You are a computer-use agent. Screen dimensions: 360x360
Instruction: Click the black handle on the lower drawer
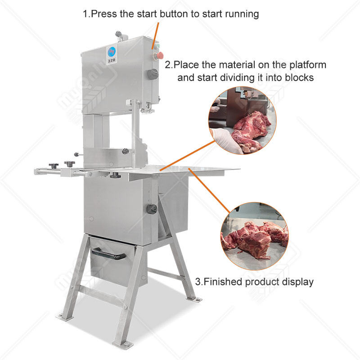point(109,255)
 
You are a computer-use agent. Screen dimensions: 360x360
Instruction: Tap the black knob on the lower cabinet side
point(152,209)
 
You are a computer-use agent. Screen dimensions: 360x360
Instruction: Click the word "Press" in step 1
point(105,14)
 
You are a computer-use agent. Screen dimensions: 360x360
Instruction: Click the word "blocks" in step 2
point(298,77)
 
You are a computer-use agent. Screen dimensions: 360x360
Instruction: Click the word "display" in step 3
point(298,283)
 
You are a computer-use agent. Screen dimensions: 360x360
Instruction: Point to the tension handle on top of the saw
point(118,34)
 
